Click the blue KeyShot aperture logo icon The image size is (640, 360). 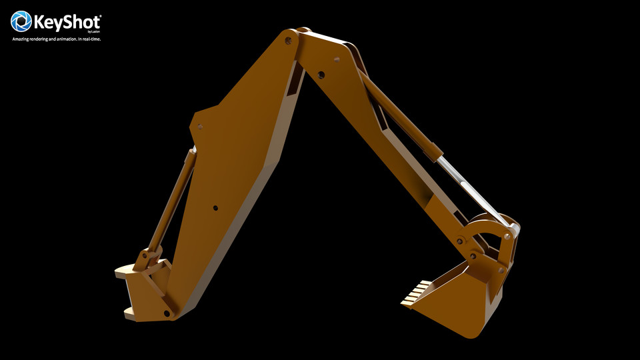[x=21, y=21]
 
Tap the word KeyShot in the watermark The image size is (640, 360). [x=67, y=22]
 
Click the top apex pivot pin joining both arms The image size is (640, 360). [x=288, y=41]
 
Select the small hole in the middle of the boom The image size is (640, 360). [x=215, y=208]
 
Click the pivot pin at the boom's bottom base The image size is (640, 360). [x=167, y=313]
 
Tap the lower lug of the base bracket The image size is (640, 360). [x=129, y=311]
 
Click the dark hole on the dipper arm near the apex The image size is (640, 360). [x=321, y=75]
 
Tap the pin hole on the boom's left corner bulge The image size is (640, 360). [x=199, y=126]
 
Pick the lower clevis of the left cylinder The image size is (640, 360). [x=148, y=257]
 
